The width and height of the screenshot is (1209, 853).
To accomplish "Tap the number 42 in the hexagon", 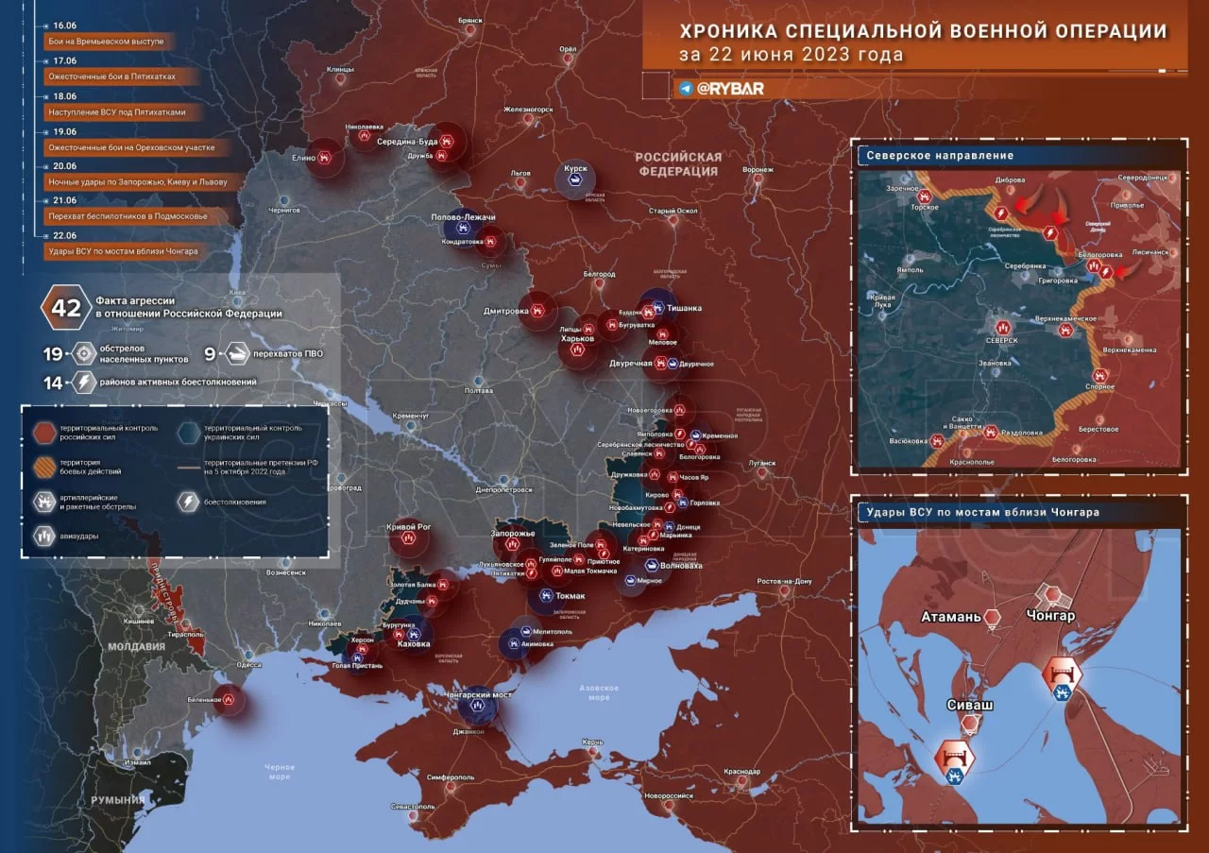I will pyautogui.click(x=66, y=308).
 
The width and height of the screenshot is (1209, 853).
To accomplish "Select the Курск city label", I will pyautogui.click(x=575, y=169).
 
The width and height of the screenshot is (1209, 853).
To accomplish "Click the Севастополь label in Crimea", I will pyautogui.click(x=413, y=807).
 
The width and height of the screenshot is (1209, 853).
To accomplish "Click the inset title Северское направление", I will pyautogui.click(x=940, y=155).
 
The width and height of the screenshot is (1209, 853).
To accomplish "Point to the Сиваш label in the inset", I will pyautogui.click(x=969, y=705).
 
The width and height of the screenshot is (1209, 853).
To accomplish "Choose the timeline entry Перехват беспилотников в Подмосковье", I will pyautogui.click(x=127, y=216).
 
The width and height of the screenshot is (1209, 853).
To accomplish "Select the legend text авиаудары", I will pyautogui.click(x=83, y=536).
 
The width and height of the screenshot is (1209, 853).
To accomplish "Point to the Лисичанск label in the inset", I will pyautogui.click(x=1150, y=253).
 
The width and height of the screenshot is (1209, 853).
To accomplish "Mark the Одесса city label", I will pyautogui.click(x=248, y=665).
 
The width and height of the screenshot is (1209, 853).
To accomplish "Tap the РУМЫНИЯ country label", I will pyautogui.click(x=117, y=800).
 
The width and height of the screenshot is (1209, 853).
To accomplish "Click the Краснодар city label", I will pyautogui.click(x=742, y=772).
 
